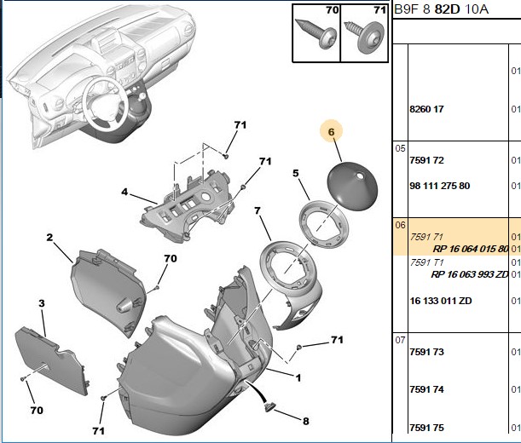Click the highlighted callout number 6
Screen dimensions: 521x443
[x=331, y=132]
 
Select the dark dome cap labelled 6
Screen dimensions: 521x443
[x=352, y=186]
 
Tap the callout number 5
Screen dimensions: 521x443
[x=296, y=173]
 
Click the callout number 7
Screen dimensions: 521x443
[x=258, y=210]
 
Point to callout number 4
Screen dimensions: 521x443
[x=124, y=192]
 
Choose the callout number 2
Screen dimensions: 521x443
[x=49, y=238]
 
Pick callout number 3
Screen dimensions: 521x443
[x=42, y=303]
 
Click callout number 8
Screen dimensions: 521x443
[x=305, y=421]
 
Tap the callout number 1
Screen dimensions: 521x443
[x=298, y=378]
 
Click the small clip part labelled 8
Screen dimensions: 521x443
[x=269, y=406]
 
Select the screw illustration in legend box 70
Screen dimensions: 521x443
[x=316, y=34]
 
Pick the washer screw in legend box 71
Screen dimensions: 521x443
[x=365, y=37]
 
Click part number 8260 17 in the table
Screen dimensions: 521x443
[x=426, y=109]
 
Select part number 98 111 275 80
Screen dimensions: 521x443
[x=440, y=186]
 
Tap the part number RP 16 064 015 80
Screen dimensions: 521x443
[x=471, y=249]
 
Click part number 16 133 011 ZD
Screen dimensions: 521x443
[x=441, y=301]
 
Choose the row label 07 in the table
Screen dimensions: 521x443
[x=401, y=341]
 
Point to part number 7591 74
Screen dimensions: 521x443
[x=426, y=389]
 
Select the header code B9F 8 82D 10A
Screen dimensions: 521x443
[x=441, y=9]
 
